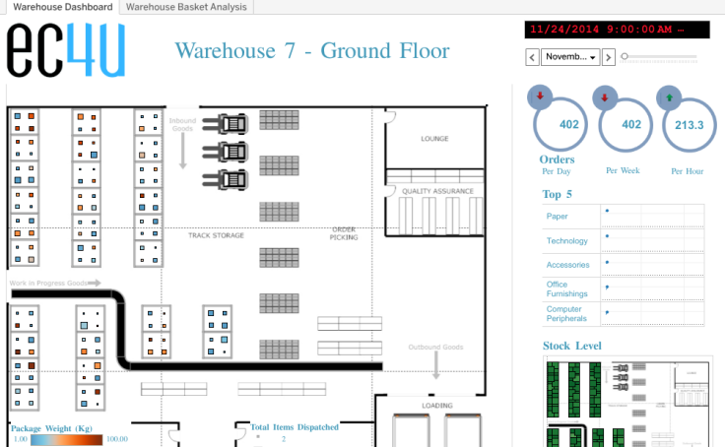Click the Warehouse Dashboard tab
[x=62, y=7]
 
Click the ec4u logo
[x=66, y=50]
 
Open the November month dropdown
[x=570, y=57]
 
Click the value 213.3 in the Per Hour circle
[x=689, y=125]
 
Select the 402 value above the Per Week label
[x=631, y=125]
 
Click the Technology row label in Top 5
[x=566, y=241]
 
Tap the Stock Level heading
[x=572, y=346]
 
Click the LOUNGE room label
[x=434, y=139]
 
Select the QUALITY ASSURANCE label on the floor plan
[x=437, y=191]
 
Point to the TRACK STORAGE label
[x=216, y=235]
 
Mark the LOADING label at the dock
[x=437, y=406]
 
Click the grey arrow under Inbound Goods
[x=182, y=152]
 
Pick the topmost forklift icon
[x=233, y=124]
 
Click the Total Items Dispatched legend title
[x=295, y=427]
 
